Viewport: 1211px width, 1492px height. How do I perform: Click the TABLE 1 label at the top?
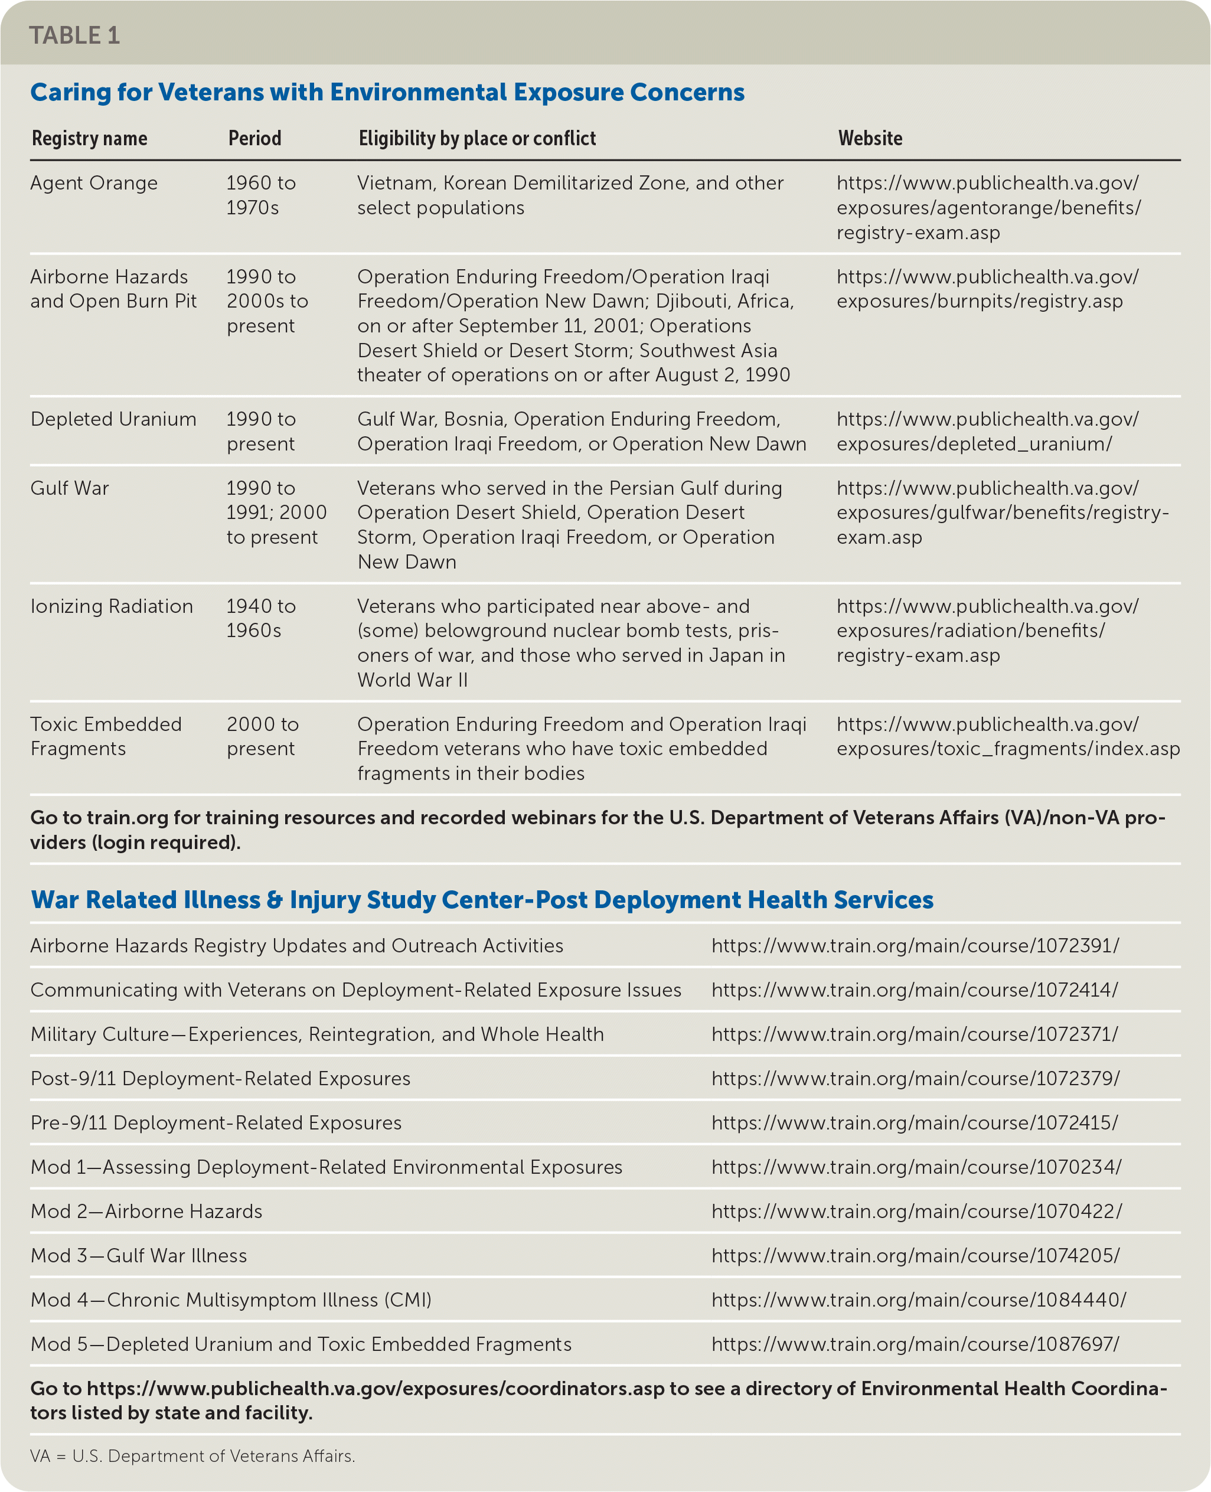74,35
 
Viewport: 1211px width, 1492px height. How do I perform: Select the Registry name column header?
89,138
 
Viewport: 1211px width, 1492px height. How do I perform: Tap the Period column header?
254,138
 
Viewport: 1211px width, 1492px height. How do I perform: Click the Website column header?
870,138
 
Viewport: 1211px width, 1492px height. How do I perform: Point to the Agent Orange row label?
94,183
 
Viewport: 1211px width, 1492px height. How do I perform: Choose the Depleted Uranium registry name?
113,419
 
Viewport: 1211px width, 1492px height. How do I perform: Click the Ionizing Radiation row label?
112,606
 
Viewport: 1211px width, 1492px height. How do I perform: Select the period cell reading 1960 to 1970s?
261,195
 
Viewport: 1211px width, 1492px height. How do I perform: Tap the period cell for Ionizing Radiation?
261,618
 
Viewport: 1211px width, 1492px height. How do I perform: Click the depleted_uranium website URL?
987,431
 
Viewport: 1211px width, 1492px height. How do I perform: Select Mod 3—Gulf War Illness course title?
139,1256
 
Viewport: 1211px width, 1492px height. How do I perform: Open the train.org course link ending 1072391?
915,946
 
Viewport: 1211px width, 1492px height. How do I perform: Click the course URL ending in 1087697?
915,1344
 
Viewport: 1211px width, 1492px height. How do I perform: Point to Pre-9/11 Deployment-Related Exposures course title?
216,1122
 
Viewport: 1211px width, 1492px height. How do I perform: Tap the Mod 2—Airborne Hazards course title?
146,1211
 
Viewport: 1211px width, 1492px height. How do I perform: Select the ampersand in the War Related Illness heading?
275,900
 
